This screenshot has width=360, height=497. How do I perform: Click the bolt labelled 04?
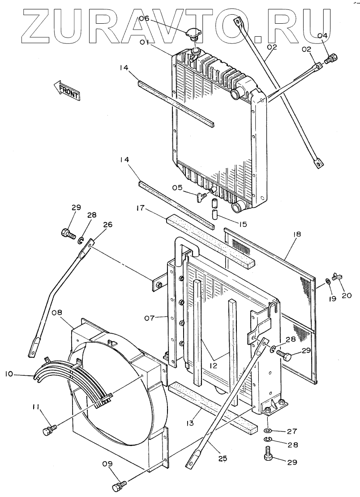pos(332,58)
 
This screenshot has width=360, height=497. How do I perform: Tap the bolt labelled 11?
pos(47,430)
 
